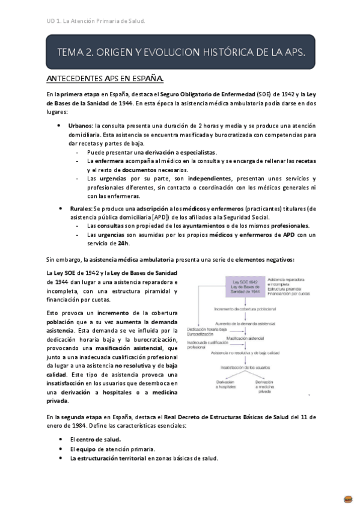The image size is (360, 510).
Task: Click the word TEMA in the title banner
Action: pyautogui.click(x=71, y=52)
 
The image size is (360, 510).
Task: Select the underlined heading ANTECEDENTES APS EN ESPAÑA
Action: pyautogui.click(x=105, y=79)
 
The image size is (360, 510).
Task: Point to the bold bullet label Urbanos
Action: pyautogui.click(x=80, y=126)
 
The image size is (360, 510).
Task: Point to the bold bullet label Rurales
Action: pyautogui.click(x=79, y=209)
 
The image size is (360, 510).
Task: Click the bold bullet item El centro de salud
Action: pyautogui.click(x=95, y=438)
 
